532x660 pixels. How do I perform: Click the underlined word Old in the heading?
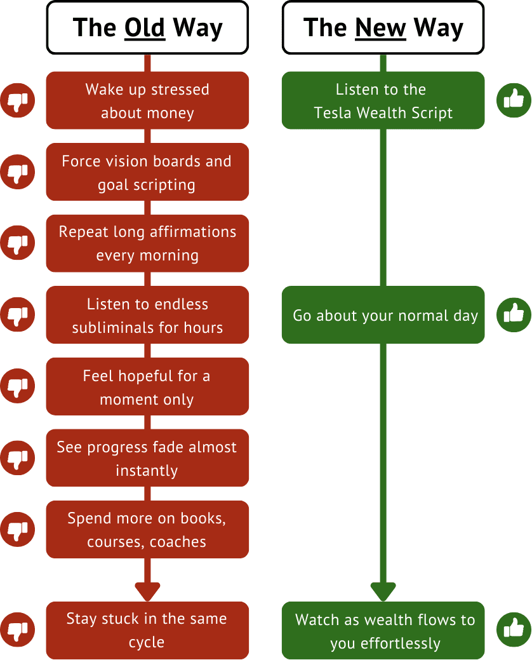click(x=145, y=28)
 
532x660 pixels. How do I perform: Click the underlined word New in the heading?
click(x=380, y=28)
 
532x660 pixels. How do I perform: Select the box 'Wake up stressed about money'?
click(x=147, y=101)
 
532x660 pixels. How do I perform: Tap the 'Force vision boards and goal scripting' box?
click(x=147, y=173)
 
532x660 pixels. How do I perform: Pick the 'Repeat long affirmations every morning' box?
click(x=147, y=244)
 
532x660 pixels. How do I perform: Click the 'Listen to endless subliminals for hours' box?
click(x=147, y=316)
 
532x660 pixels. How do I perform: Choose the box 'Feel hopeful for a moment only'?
click(x=147, y=387)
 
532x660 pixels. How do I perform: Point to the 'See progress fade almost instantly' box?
click(x=147, y=459)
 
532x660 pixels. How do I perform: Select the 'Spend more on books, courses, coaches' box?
click(x=147, y=530)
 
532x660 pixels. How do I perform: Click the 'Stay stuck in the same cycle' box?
click(x=147, y=630)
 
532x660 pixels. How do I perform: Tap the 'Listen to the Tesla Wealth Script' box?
click(x=383, y=101)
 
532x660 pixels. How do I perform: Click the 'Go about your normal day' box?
click(x=383, y=316)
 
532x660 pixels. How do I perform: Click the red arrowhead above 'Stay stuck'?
click(x=147, y=591)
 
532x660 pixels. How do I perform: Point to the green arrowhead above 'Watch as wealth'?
click(x=383, y=591)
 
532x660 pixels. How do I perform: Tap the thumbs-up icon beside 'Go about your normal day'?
click(x=513, y=314)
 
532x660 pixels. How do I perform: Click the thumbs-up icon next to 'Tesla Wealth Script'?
click(x=513, y=100)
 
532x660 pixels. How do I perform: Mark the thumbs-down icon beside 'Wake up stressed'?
click(x=17, y=100)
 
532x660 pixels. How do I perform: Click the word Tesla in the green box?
click(x=332, y=113)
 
